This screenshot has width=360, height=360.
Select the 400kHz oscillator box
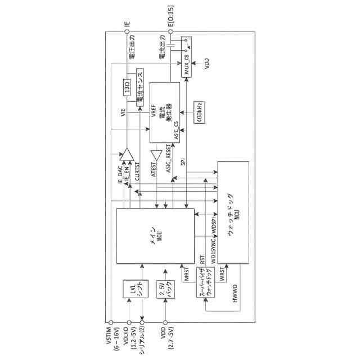[199, 112]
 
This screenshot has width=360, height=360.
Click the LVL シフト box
[133, 290]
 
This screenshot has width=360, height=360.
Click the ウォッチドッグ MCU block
[232, 213]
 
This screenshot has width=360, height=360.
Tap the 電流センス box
[140, 88]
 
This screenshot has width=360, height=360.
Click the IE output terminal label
[127, 25]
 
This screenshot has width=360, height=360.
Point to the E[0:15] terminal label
[171, 18]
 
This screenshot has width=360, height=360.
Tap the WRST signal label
[223, 275]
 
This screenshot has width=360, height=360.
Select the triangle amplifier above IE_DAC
[127, 153]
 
